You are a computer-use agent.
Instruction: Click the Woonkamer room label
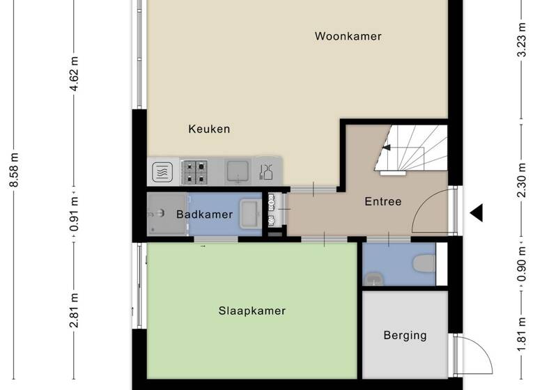click(x=348, y=36)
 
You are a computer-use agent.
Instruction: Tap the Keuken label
click(x=209, y=129)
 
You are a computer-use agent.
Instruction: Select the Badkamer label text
click(x=204, y=214)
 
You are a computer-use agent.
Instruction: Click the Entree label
click(x=383, y=202)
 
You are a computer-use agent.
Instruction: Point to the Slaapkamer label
click(x=251, y=311)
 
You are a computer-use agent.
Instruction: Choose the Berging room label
click(x=405, y=336)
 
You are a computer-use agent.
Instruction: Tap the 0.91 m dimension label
click(x=75, y=214)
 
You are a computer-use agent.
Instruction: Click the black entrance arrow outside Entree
click(x=476, y=212)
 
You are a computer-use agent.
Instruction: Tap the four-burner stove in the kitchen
click(x=194, y=171)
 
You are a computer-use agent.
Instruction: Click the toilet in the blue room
click(x=424, y=264)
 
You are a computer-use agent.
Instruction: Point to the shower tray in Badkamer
click(x=162, y=214)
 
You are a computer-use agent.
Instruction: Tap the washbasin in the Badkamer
click(x=249, y=214)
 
